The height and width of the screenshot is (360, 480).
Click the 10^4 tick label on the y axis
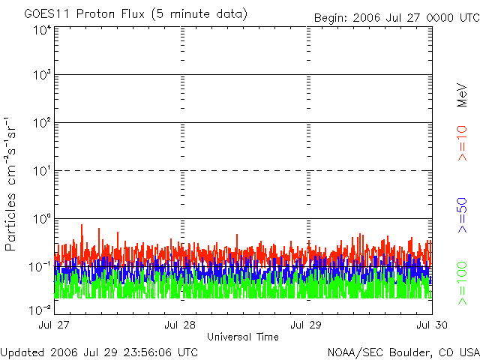tap(41, 30)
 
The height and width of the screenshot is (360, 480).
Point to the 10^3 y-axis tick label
tap(41, 75)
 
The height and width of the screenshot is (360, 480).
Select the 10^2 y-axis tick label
tap(41, 122)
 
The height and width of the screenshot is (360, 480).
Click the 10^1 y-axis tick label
tap(41, 170)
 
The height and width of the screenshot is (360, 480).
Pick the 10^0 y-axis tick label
tap(41, 218)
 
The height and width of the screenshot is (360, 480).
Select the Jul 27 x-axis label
tap(54, 325)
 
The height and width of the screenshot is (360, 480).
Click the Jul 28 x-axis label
tap(180, 325)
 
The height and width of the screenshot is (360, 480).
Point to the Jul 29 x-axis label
tap(307, 325)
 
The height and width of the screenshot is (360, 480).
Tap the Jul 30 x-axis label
tap(432, 325)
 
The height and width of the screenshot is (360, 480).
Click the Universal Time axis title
tap(243, 337)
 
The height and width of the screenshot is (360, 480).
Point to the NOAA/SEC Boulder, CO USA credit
tap(403, 352)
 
